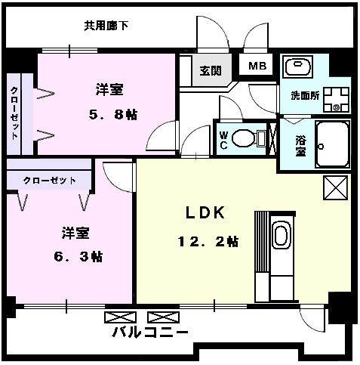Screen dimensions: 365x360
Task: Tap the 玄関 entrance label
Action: [x=211, y=71]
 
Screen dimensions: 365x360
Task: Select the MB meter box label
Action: [x=257, y=66]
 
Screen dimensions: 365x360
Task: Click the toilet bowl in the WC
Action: [x=244, y=138]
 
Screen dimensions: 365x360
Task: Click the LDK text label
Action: [x=206, y=212]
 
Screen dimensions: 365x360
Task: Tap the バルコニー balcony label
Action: [x=150, y=333]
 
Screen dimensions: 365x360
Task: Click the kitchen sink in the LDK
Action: [x=281, y=235]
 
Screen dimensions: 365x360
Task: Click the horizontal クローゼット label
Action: [x=49, y=181]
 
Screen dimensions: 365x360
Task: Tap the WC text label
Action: [x=223, y=140]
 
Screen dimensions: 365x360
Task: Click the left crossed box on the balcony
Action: [x=118, y=317]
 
